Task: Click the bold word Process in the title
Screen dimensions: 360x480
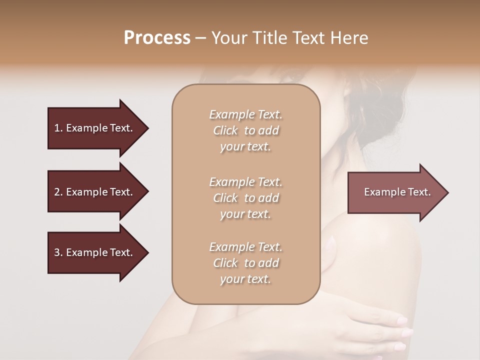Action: pos(157,38)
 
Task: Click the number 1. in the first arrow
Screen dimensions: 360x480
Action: pos(58,128)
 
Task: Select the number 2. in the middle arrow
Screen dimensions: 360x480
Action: pos(58,192)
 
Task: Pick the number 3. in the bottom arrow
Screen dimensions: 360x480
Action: pos(58,252)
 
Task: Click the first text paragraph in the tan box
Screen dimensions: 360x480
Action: pos(245,130)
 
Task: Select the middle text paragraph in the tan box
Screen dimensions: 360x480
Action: pos(245,197)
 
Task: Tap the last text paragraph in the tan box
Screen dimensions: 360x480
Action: pos(245,263)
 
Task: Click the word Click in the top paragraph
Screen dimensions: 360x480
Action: pos(225,131)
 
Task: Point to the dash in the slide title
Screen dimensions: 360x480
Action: pos(201,38)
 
